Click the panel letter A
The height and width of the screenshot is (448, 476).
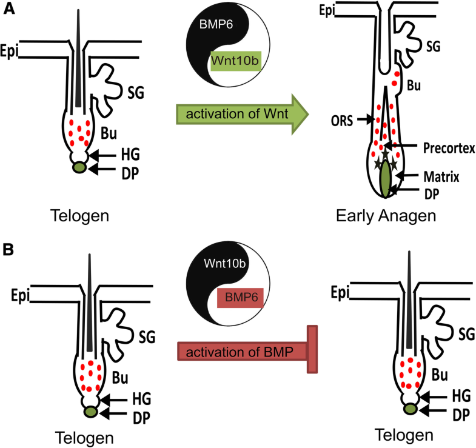[8, 10]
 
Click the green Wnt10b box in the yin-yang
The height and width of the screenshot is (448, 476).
[236, 61]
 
